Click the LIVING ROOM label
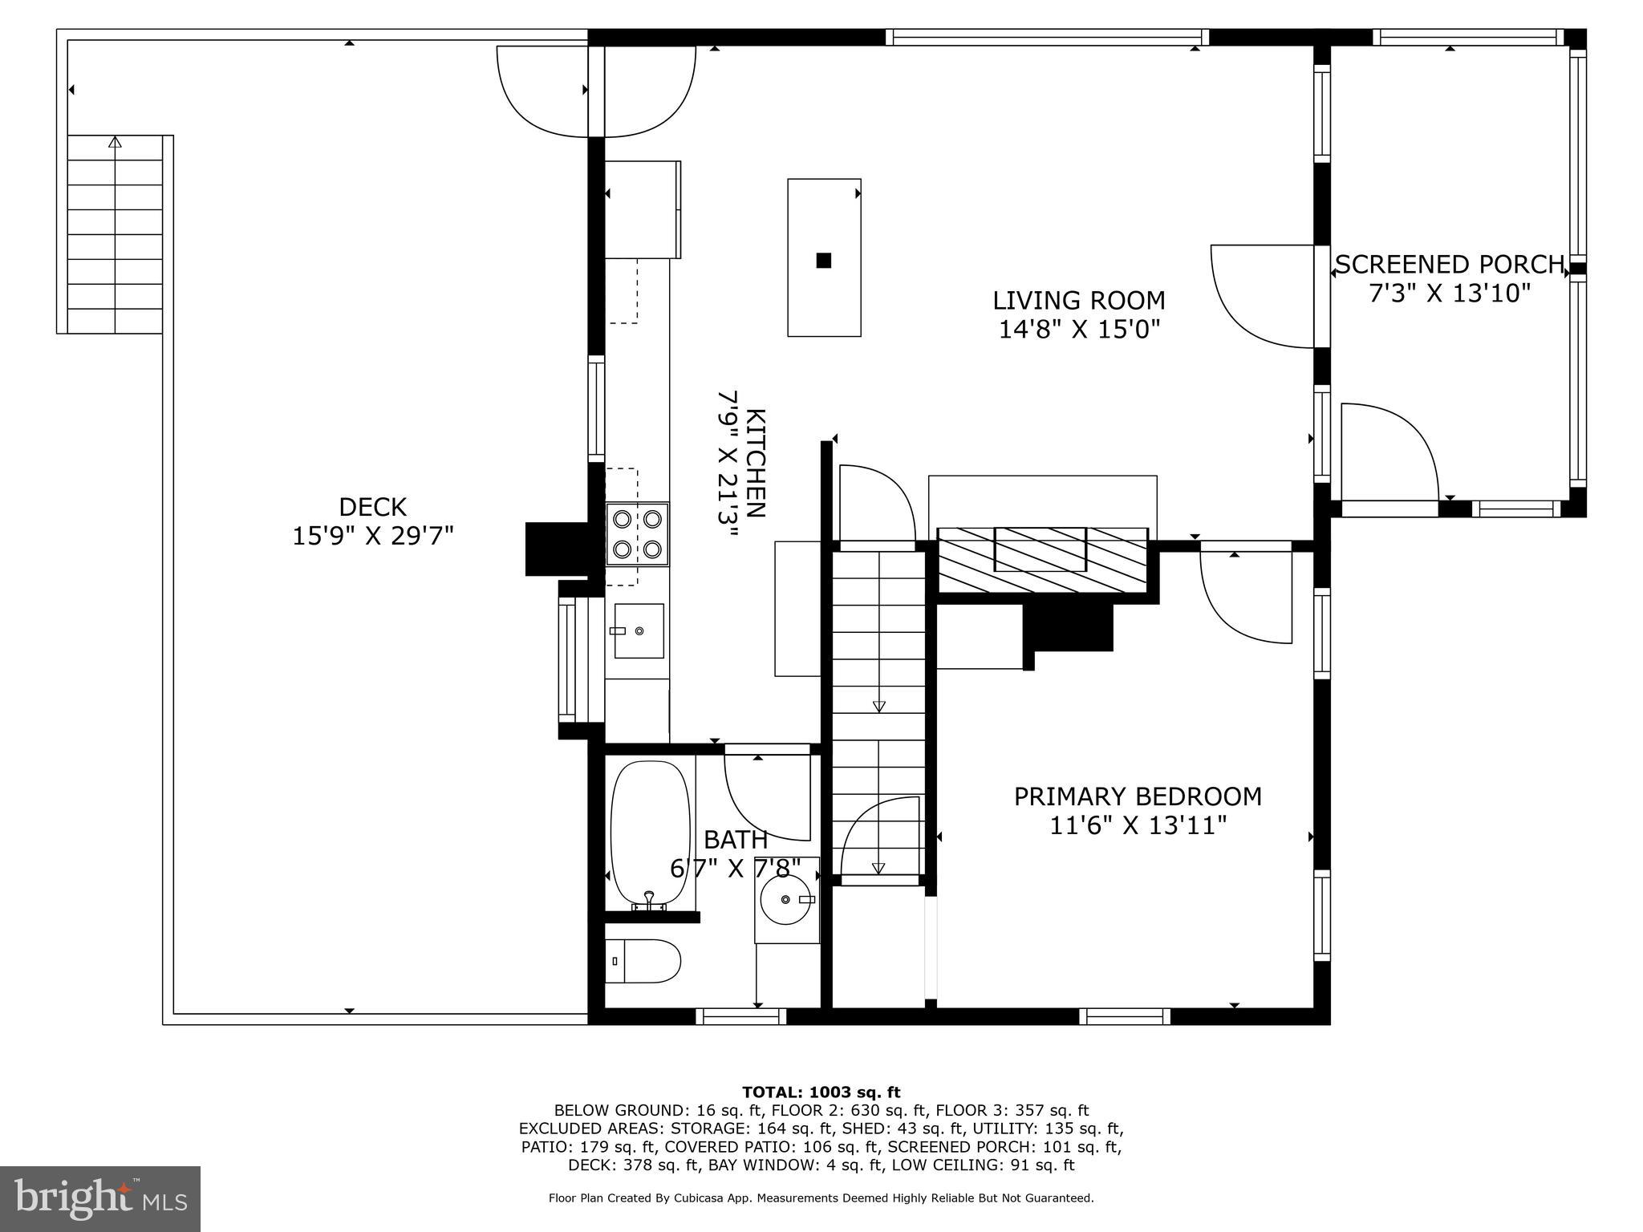click(1078, 301)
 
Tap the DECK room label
click(372, 507)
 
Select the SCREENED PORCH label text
click(1449, 265)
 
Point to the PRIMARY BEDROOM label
click(1138, 796)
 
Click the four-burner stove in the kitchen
click(637, 534)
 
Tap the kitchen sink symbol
click(639, 631)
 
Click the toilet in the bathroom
click(642, 961)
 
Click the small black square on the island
click(823, 260)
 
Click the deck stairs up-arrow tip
click(115, 141)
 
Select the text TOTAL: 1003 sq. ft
click(821, 1092)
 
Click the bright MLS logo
click(99, 1198)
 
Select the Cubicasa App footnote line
click(821, 1198)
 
